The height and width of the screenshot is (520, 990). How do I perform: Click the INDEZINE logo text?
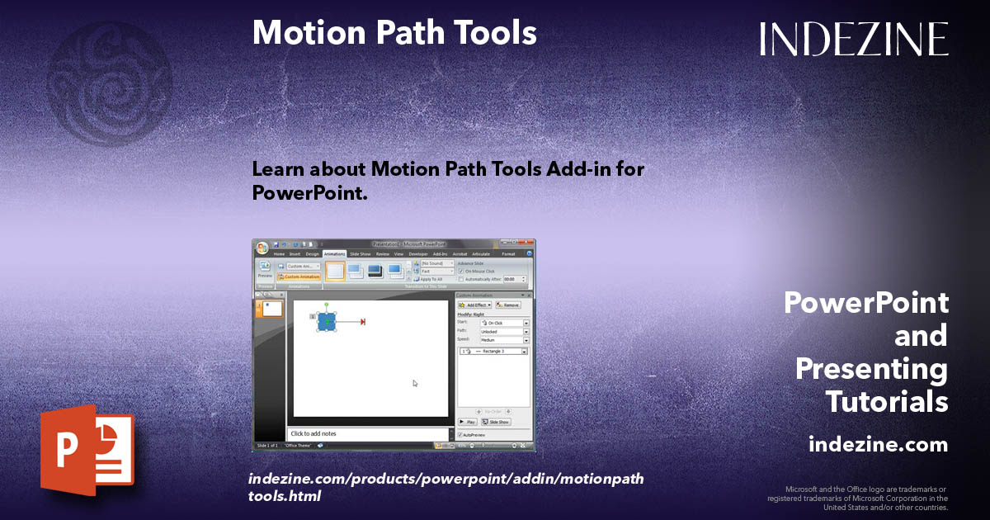(854, 39)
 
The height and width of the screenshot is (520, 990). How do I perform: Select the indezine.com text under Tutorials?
(878, 445)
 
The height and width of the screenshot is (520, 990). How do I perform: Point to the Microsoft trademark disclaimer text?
(858, 498)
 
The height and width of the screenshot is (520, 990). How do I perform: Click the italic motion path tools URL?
(445, 487)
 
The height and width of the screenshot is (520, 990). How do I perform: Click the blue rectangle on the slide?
(327, 322)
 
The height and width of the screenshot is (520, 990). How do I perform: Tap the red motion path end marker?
(362, 322)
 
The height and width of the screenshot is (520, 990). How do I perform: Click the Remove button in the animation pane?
(508, 305)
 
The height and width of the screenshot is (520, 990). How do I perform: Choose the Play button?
(467, 422)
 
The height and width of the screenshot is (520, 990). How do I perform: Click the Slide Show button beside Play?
(496, 422)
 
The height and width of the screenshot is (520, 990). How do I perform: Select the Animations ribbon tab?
(334, 254)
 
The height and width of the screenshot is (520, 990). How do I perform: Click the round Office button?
(262, 247)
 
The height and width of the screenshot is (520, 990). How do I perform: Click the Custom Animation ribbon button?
(299, 277)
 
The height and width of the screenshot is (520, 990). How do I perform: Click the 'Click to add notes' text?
(313, 433)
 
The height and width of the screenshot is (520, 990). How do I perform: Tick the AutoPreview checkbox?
(460, 434)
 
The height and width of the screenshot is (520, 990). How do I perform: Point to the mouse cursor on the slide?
(415, 383)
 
